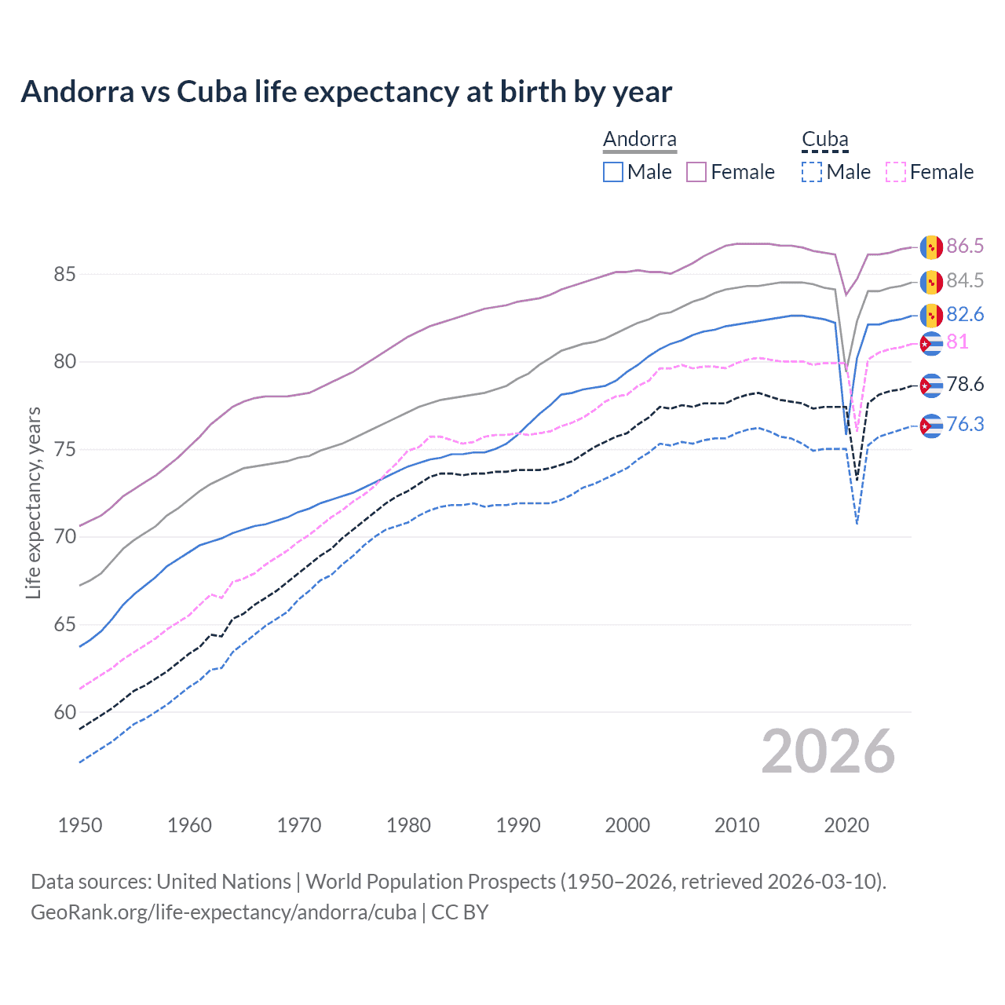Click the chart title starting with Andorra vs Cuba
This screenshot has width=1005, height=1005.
346,92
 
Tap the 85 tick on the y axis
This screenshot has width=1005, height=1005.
64,274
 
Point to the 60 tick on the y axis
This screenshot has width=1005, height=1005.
64,712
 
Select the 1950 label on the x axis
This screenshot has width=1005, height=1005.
80,825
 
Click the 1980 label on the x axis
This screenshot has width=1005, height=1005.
408,825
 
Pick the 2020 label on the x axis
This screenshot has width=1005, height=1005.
846,825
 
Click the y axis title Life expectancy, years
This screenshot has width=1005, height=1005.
33,502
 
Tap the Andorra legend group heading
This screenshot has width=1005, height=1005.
639,139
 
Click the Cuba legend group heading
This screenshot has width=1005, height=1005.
824,139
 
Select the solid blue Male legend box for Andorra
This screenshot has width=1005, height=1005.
613,172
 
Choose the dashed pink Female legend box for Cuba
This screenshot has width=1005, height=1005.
895,172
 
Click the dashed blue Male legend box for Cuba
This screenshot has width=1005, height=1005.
812,172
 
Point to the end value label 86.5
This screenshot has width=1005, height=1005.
964,246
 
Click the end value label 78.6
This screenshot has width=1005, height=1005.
964,384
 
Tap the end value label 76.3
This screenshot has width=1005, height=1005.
964,424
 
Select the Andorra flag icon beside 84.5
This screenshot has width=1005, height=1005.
931,281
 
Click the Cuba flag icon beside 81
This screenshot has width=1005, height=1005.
931,343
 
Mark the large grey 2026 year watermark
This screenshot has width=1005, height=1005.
828,751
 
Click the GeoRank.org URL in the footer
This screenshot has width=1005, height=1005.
223,912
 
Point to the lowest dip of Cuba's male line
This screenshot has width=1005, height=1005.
857,524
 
